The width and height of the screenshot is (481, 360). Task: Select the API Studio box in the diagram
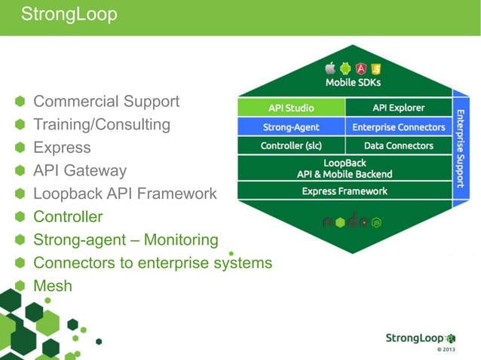click(x=291, y=108)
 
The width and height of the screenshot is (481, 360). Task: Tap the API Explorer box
click(x=398, y=108)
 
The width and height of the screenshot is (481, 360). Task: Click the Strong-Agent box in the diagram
click(x=291, y=127)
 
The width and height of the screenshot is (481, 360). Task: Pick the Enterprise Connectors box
click(x=398, y=127)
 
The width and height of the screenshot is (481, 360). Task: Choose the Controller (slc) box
click(x=291, y=145)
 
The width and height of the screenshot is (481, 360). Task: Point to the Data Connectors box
click(x=398, y=145)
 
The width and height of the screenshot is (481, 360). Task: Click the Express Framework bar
click(x=345, y=191)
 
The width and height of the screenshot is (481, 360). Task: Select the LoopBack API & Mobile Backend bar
click(x=345, y=168)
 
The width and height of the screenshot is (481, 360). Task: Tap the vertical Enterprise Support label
click(x=460, y=147)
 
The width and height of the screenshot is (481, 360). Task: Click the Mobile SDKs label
click(x=353, y=82)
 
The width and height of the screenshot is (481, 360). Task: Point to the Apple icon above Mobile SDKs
click(x=329, y=68)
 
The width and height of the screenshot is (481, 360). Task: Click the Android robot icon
click(x=345, y=68)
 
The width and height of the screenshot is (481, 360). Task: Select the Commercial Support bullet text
click(x=106, y=101)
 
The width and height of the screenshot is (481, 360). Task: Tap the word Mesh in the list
click(x=53, y=285)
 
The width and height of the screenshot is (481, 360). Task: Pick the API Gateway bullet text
click(x=80, y=170)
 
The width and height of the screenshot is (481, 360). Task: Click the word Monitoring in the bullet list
click(x=181, y=239)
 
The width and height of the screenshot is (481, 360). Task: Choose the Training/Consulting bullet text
click(x=102, y=124)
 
